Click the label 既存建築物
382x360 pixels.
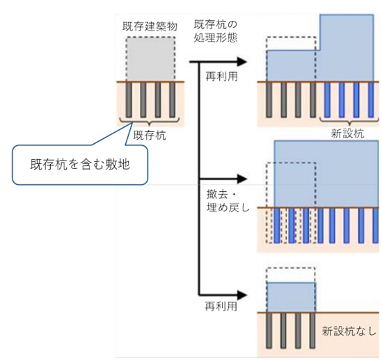tap(150, 26)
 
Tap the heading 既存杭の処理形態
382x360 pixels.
tap(216, 31)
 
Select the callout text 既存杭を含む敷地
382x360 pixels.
tap(80, 164)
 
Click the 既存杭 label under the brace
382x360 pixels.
tap(150, 136)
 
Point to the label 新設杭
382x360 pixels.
tap(348, 133)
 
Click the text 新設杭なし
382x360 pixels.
tap(349, 331)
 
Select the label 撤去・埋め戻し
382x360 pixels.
tap(228, 201)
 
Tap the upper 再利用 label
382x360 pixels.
tap(221, 76)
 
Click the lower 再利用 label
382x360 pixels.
tap(221, 306)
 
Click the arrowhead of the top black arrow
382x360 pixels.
tap(242, 62)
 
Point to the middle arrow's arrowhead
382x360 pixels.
tap(242, 179)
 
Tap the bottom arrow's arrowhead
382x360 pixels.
tap(242, 295)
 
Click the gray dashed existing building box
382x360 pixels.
tap(150, 58)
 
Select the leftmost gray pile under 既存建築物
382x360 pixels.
tap(129, 100)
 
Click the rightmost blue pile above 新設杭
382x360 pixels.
tap(371, 100)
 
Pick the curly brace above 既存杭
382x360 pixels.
tap(150, 122)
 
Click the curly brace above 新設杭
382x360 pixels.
tap(349, 122)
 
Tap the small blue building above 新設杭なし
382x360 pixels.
tap(292, 297)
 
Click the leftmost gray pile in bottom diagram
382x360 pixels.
tap(269, 331)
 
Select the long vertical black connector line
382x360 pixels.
tap(199, 179)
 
